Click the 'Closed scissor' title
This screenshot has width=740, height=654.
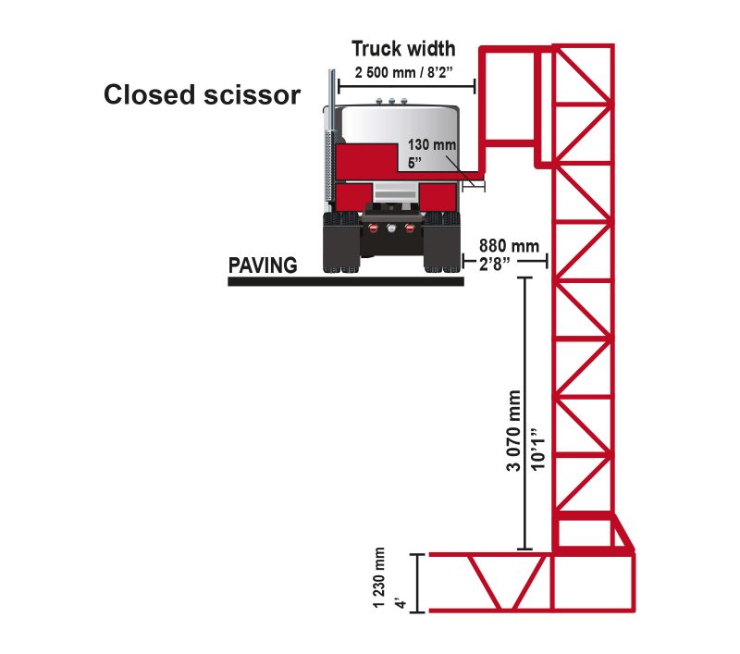click(x=202, y=95)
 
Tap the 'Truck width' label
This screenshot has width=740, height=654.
click(x=402, y=49)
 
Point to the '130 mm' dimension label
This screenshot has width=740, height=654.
click(x=425, y=145)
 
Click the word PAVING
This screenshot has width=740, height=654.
click(x=263, y=265)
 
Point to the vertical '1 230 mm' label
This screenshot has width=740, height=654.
click(x=379, y=579)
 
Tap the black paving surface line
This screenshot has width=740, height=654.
click(x=345, y=280)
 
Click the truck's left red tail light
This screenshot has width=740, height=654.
click(x=374, y=228)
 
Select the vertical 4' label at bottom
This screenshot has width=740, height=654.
click(x=401, y=603)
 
